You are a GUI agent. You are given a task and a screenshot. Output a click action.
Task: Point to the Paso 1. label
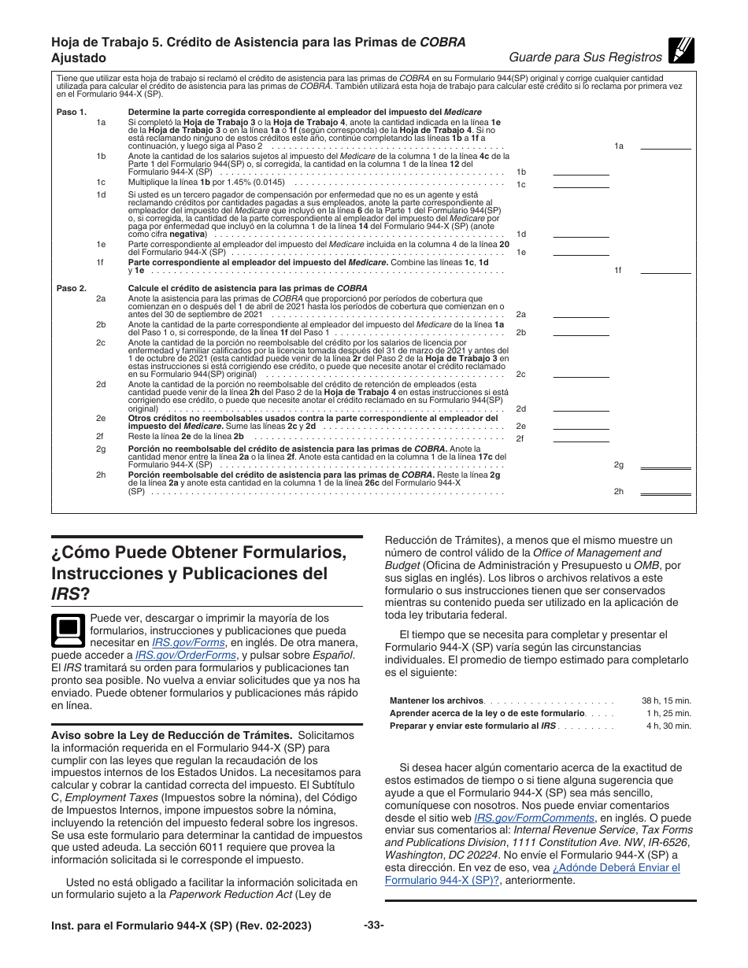pos(72,113)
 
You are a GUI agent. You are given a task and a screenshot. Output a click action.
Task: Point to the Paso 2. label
pos(72,289)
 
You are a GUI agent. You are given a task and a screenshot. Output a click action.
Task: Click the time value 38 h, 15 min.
pos(666,700)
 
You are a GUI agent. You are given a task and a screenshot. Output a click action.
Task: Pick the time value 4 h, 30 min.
pos(668,726)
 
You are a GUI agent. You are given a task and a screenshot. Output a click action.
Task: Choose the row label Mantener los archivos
pos(436,700)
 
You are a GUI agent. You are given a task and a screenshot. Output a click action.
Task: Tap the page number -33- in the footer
pos(373,926)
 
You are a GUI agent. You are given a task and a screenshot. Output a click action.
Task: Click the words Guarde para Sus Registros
pos(585,57)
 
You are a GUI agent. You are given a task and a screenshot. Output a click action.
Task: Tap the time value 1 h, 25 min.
pos(668,713)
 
